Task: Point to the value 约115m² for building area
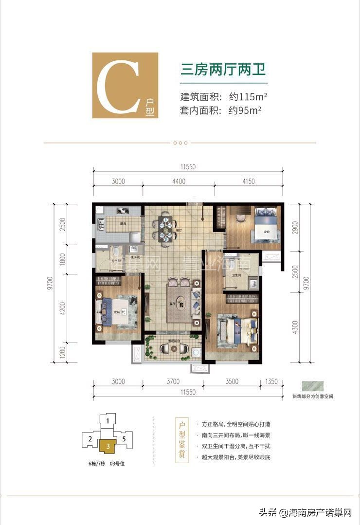pyautogui.click(x=248, y=96)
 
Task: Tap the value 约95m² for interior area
pyautogui.click(x=245, y=110)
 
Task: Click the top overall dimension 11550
pyautogui.click(x=187, y=166)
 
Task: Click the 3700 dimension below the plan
pyautogui.click(x=172, y=381)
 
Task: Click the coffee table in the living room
pyautogui.click(x=180, y=306)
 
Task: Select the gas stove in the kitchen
pyautogui.click(x=122, y=212)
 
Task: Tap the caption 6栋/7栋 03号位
pyautogui.click(x=104, y=464)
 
